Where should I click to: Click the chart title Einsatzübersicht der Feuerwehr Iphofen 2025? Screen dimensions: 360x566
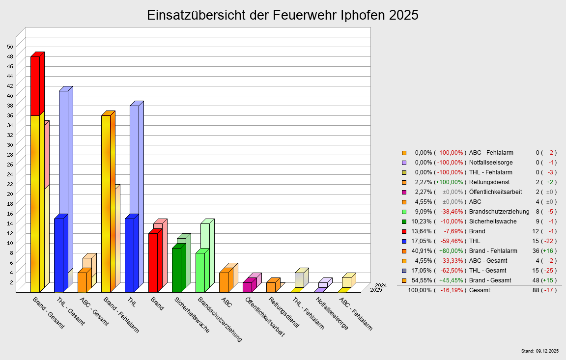pos(283,15)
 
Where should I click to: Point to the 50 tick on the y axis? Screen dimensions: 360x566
pos(10,47)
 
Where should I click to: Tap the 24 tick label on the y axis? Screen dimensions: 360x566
pos(10,174)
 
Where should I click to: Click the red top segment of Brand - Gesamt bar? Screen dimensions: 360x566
pos(35,86)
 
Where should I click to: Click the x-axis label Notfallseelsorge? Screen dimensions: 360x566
pos(332,313)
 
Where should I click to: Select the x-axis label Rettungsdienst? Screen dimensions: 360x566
pos(283,313)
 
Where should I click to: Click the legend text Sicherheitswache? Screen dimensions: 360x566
pos(493,222)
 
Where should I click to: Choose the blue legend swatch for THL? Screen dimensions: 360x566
pos(404,241)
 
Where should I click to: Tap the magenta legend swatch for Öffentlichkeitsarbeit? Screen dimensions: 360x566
pos(404,192)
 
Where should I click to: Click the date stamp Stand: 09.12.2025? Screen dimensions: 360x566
pos(539,351)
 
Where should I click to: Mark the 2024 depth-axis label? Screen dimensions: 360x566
pos(381,285)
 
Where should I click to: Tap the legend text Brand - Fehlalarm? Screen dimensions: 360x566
pos(493,251)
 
